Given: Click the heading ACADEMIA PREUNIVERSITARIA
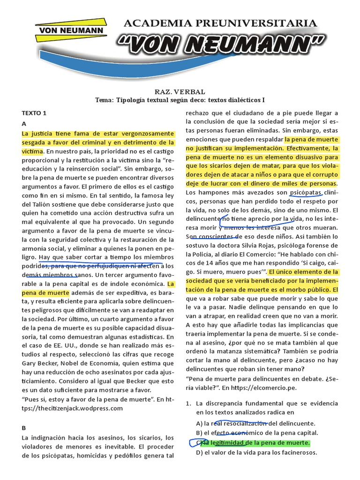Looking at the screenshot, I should click(220, 23).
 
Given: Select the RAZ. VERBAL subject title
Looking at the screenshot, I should click(180, 91).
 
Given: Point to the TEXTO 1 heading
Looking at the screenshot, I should click(34, 113).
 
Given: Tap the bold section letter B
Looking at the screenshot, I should click(24, 427).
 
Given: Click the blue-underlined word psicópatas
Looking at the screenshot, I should click(306, 192).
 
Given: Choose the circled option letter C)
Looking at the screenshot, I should click(199, 442).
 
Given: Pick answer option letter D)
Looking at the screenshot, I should click(199, 452).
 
